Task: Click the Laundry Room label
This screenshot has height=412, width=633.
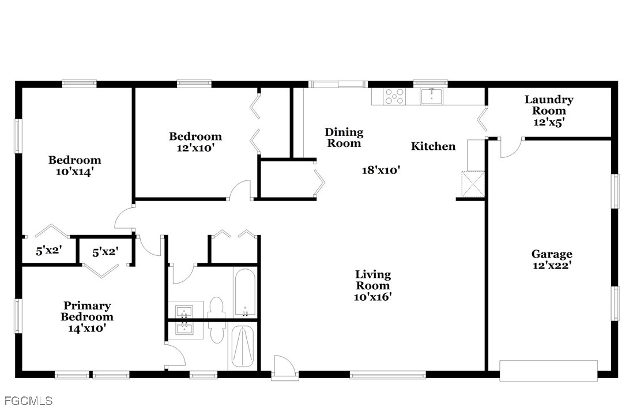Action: point(549,105)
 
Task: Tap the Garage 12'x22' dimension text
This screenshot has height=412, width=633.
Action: point(552,265)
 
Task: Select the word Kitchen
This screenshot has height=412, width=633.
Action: point(433,146)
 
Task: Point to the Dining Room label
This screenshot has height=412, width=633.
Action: point(344,138)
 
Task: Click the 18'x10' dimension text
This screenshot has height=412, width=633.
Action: point(380,171)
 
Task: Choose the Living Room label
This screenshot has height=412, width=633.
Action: point(372,280)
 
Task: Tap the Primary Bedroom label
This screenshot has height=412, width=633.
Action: point(87,311)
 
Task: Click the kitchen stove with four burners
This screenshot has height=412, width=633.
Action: point(394,96)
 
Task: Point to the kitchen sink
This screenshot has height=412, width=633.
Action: point(432,96)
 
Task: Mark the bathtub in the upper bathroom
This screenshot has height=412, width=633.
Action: point(244,293)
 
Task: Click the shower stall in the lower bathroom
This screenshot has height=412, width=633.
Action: point(242,347)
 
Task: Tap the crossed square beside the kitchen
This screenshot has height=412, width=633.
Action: point(473,184)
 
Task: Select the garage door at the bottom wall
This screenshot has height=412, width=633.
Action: point(548,371)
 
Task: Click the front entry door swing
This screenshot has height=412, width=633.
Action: point(284,368)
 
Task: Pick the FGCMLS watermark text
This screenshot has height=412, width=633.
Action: point(28,400)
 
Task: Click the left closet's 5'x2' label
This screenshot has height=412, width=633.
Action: point(49,251)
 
